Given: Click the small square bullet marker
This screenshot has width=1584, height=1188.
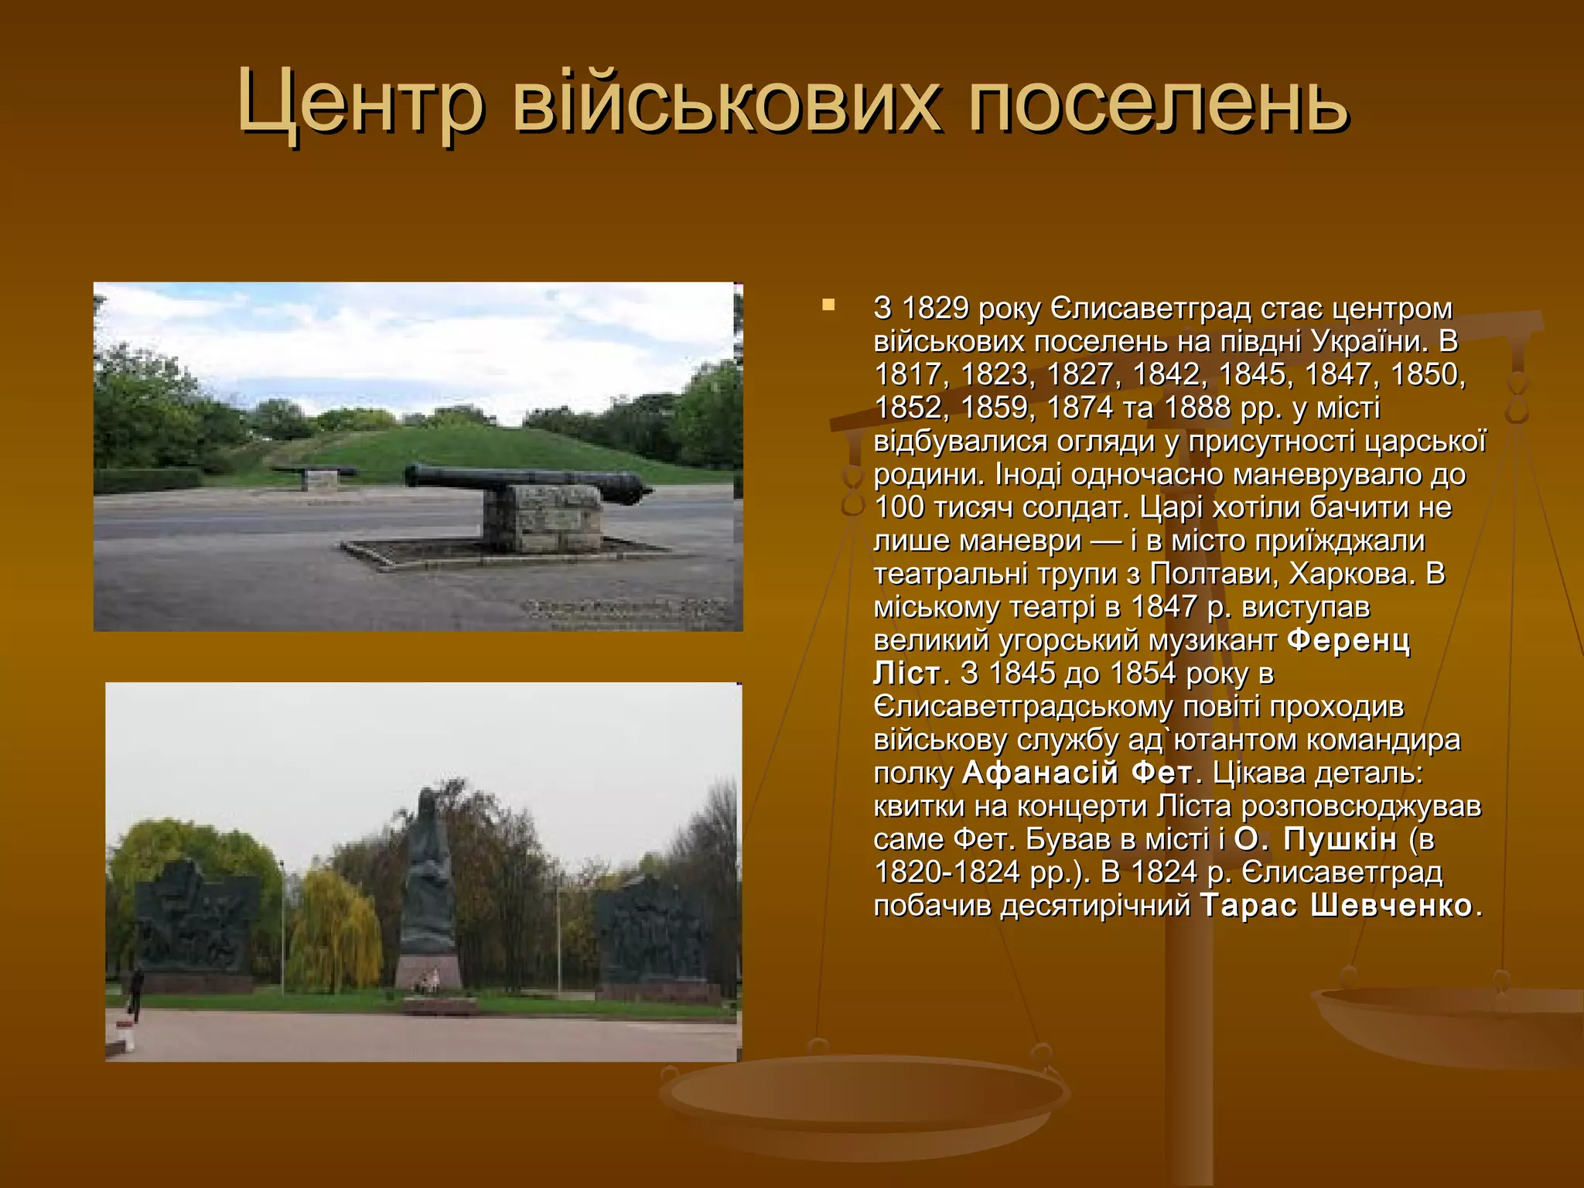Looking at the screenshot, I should (828, 306).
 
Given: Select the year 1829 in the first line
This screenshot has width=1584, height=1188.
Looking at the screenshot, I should (936, 308).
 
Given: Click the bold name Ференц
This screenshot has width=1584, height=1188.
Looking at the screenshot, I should (1349, 640).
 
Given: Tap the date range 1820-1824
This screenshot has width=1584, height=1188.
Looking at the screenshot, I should (951, 872).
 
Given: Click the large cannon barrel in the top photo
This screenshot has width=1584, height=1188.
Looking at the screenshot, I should (526, 478).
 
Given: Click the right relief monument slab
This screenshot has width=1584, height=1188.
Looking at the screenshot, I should (651, 932).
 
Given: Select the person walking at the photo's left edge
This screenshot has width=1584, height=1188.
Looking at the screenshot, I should (136, 992).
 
